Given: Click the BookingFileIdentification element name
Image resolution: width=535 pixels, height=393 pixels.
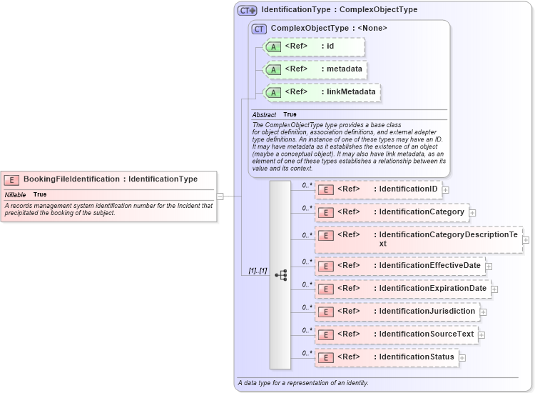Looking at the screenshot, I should (x=71, y=179).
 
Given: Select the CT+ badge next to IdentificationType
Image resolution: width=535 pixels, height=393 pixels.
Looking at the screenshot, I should (x=248, y=11).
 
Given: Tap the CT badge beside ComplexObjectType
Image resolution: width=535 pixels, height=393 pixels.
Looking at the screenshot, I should (x=260, y=29).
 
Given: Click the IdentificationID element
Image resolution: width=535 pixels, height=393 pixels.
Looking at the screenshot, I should (x=378, y=189).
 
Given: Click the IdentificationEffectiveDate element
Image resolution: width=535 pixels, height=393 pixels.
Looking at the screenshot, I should (x=399, y=266).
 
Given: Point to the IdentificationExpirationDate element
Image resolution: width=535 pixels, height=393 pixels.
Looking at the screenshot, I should (x=402, y=289).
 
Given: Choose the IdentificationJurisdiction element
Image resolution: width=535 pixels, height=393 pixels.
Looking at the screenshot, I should (x=397, y=312).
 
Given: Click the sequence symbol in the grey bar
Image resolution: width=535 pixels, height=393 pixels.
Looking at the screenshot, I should (x=280, y=274).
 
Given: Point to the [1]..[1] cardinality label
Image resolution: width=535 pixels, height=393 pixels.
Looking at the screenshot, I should (x=258, y=271).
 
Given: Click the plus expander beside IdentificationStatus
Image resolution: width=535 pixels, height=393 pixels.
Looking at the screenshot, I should (x=462, y=358).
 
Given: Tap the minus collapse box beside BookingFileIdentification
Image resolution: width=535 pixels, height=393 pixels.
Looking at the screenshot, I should (x=220, y=196).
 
